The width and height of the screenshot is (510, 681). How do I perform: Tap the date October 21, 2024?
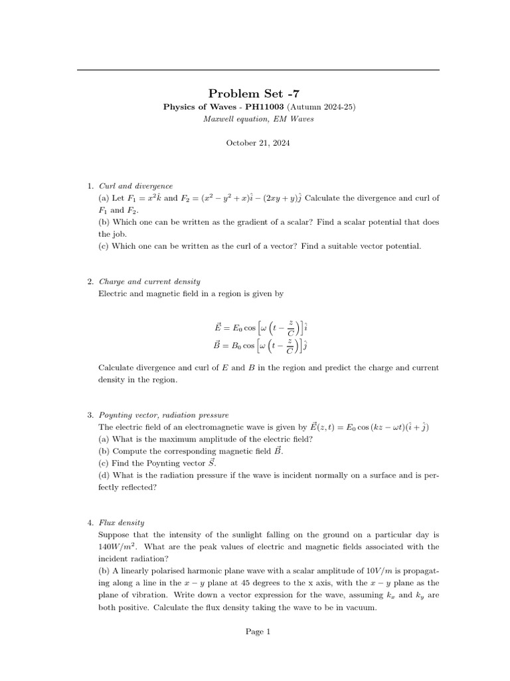click(258, 143)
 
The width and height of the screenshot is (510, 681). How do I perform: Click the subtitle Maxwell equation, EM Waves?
click(258, 118)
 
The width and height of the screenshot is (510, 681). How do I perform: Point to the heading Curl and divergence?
click(135, 187)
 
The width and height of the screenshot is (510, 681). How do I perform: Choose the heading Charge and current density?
click(149, 282)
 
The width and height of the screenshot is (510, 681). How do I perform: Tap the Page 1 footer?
click(258, 632)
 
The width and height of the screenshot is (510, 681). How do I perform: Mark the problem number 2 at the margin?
click(90, 282)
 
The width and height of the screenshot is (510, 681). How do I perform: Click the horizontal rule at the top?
click(258, 70)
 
